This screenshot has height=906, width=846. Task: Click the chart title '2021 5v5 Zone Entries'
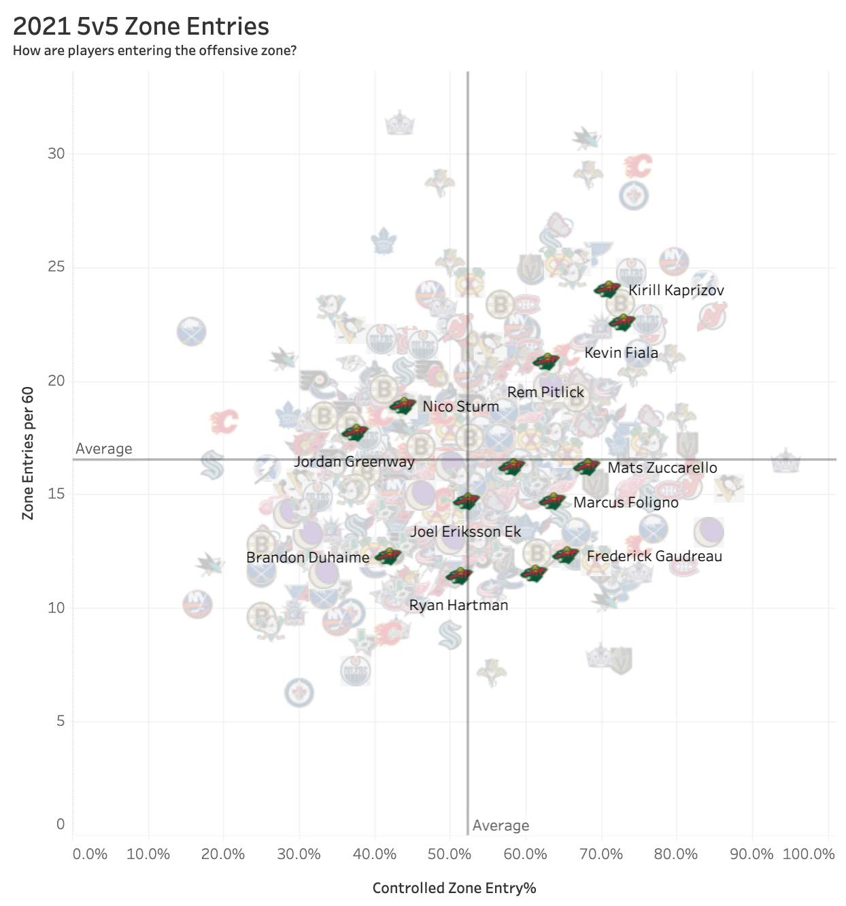141,27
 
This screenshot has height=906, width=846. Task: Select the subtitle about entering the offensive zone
154,51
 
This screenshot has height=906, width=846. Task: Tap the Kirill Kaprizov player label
676,290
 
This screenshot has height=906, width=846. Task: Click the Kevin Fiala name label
621,353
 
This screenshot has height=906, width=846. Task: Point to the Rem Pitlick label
545,392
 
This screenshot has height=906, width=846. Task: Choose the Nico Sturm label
460,407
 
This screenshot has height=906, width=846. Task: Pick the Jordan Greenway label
354,462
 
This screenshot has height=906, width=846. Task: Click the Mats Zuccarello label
662,468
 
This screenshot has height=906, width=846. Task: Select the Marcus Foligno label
626,503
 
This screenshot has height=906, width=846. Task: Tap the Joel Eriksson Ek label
465,532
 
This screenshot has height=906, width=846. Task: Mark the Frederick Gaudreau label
654,556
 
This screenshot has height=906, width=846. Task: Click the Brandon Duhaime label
307,558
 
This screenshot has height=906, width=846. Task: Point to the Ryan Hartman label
458,605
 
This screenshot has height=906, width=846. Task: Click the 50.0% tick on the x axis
450,854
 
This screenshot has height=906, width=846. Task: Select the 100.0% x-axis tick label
808,854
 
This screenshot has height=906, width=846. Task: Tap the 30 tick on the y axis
56,154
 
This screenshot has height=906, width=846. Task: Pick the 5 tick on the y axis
61,721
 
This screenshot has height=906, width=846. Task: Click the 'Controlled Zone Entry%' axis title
454,888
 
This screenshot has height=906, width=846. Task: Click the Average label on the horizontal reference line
104,449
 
